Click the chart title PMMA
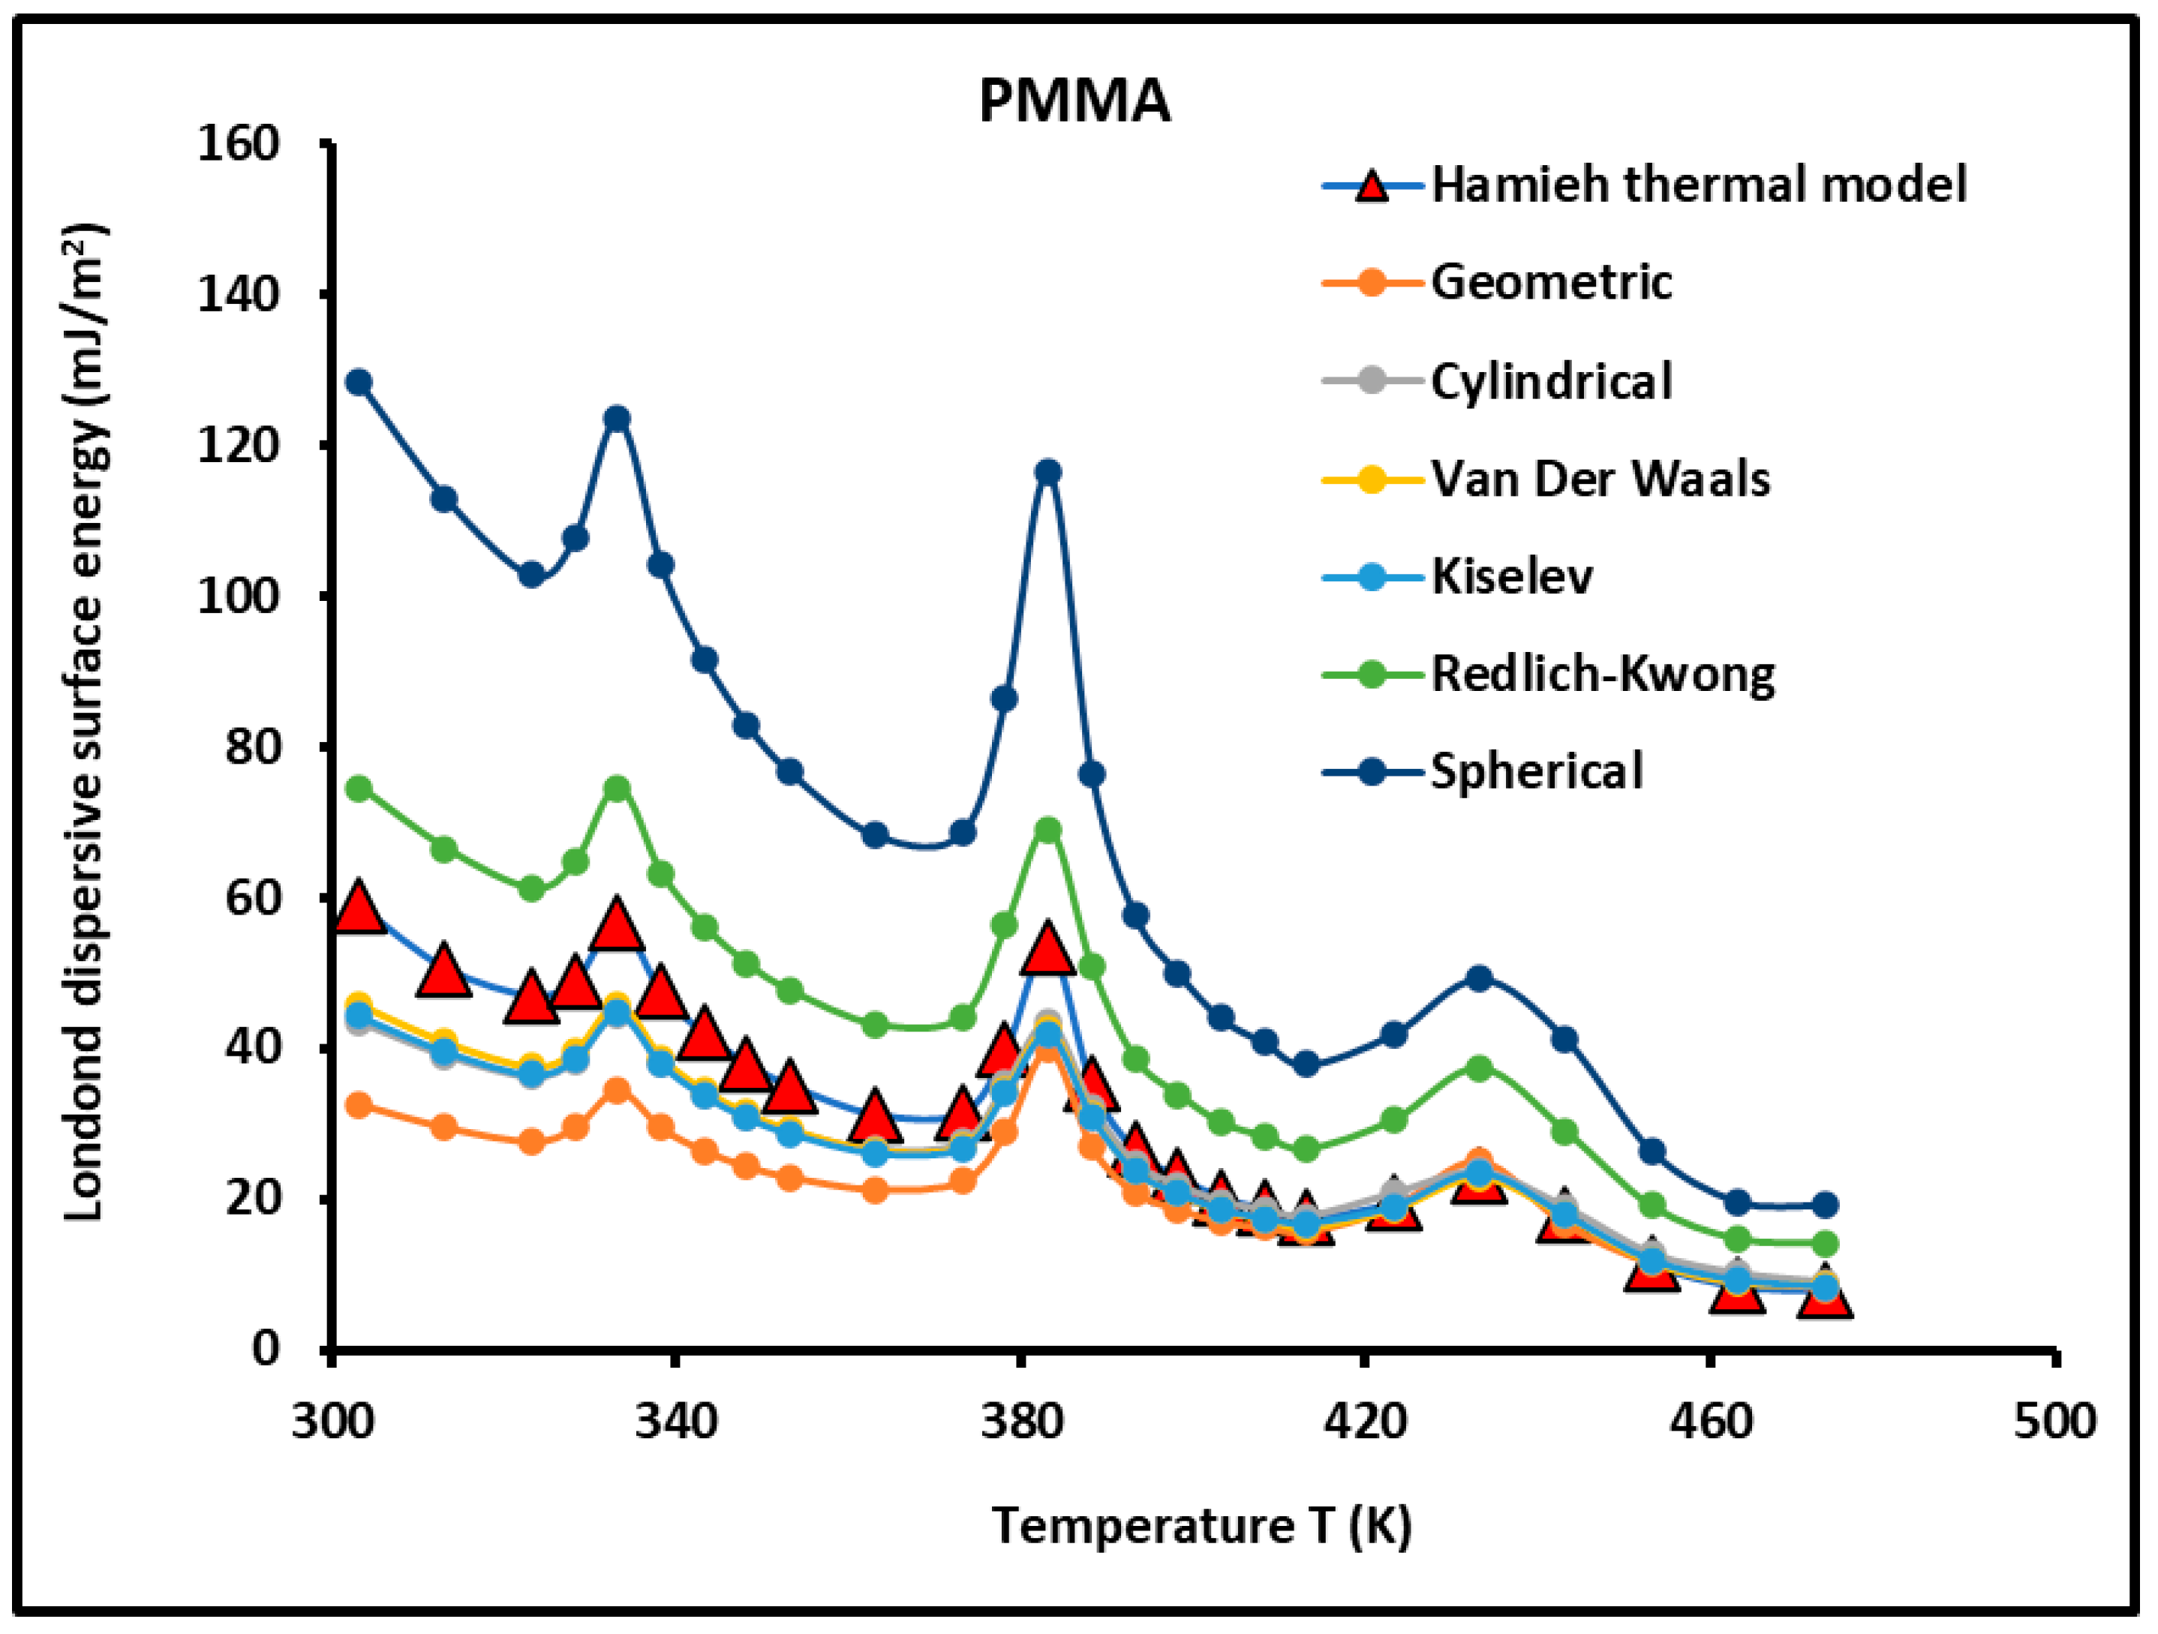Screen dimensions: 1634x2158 coord(1074,101)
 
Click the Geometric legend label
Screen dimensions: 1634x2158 coord(1550,282)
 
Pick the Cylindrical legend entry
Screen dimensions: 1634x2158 coord(1550,380)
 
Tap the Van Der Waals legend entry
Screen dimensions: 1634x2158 coord(1599,479)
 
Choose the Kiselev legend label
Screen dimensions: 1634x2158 coord(1511,576)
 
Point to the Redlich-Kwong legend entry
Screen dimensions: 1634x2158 coord(1602,674)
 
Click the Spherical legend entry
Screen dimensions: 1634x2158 coord(1537,770)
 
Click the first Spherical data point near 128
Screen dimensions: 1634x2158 coord(359,381)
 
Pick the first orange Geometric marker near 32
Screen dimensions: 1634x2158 coord(359,1105)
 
